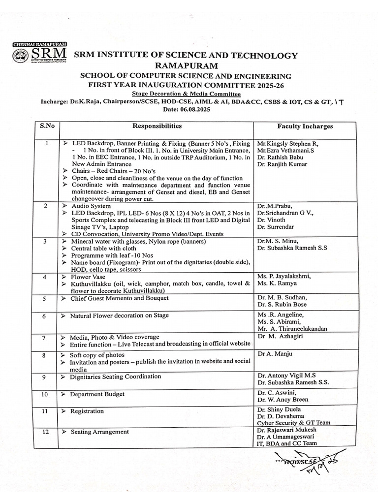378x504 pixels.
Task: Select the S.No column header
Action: tap(47, 126)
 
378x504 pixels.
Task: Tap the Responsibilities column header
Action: tap(156, 126)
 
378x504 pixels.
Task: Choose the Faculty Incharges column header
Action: tap(305, 126)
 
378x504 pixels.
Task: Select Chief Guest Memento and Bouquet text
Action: tap(119, 298)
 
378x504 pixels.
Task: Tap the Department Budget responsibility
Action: tap(97, 394)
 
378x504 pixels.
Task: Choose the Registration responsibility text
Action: tap(87, 411)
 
